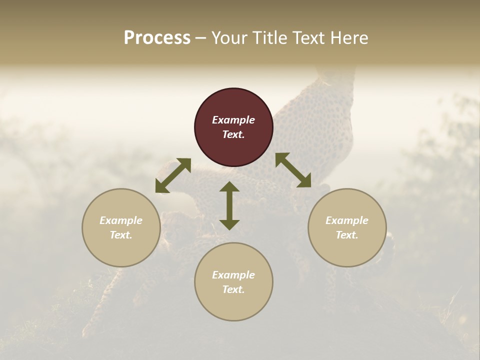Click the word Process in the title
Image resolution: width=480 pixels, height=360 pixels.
coord(157,38)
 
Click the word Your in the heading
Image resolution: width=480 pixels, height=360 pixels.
coord(229,38)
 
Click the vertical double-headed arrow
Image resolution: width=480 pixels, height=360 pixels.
coord(229,205)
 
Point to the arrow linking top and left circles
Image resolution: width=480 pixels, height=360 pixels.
coord(173,175)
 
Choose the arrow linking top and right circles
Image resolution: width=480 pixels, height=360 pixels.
coord(293,170)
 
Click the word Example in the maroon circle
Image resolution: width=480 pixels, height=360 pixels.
coord(233,120)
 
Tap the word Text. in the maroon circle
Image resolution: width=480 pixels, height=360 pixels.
coord(233,134)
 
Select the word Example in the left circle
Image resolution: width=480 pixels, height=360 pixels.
coord(121,220)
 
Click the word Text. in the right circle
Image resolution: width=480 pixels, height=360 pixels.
coord(347,235)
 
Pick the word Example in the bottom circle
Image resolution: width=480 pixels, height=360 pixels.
coord(233,275)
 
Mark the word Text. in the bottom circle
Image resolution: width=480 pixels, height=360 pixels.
coord(233,289)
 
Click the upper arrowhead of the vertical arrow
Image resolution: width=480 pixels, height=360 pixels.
coord(229,187)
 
